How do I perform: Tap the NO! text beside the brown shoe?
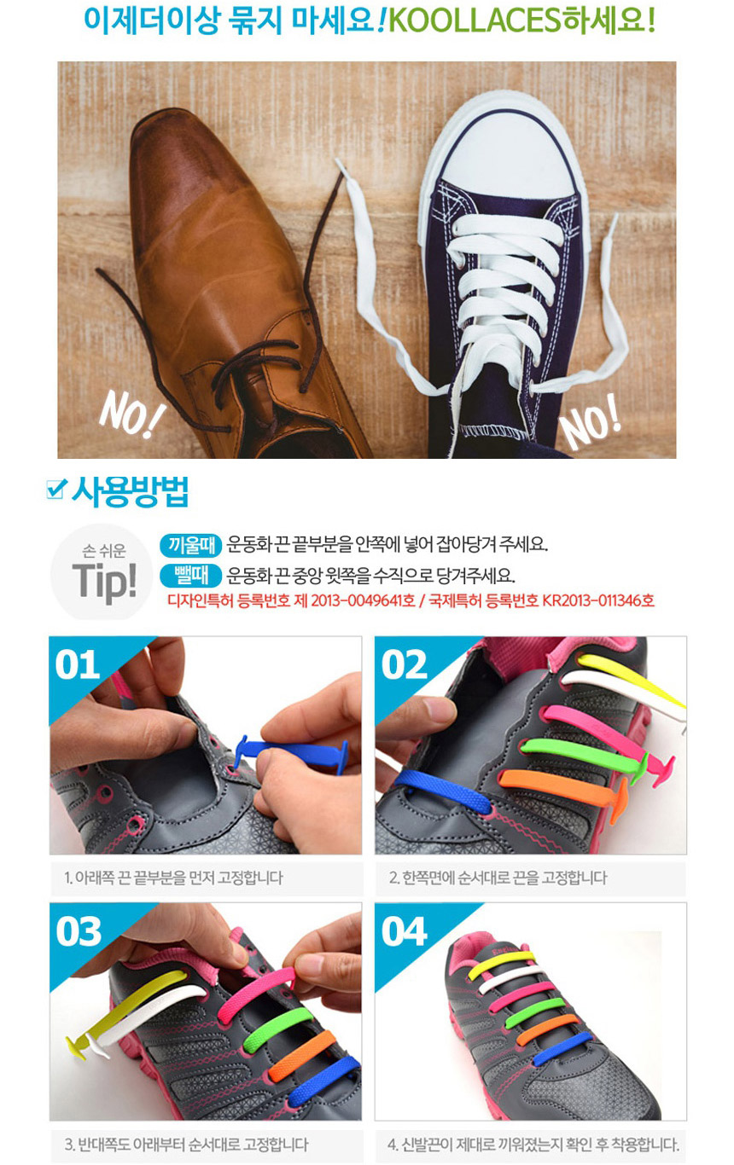132,414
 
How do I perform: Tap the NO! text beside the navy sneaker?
591,423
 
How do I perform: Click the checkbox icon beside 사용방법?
56,489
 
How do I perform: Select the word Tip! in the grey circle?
105,581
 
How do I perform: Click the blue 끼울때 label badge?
191,545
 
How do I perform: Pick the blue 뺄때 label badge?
191,575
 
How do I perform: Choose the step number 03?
79,931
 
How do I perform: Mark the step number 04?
404,931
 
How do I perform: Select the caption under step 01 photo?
173,878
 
